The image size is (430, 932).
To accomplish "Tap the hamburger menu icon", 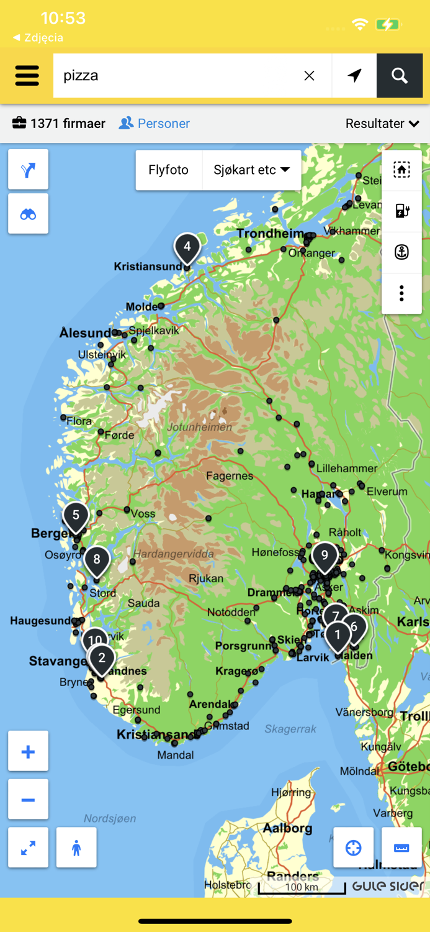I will (x=27, y=76).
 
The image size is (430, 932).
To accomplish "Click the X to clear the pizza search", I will (x=309, y=76).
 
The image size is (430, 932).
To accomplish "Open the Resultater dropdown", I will (x=382, y=124).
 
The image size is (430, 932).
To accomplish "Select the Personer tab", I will (x=155, y=124).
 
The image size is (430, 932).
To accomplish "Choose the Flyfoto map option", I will (x=169, y=170).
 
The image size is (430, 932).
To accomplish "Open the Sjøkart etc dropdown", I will (x=251, y=170).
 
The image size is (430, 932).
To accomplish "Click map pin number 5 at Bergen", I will (x=76, y=516).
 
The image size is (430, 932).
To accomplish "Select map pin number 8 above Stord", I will (x=97, y=560).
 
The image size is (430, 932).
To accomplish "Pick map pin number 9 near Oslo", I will (x=325, y=556).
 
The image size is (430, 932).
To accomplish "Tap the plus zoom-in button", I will (x=28, y=752).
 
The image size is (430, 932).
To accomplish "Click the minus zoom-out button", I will (x=28, y=800).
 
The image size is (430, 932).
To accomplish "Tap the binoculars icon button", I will (x=28, y=214).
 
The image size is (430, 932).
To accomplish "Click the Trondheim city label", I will (x=271, y=234).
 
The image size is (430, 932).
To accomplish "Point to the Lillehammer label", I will (x=347, y=468).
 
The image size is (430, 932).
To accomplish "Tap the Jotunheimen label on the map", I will (x=200, y=427).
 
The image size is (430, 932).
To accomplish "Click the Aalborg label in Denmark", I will (x=288, y=828).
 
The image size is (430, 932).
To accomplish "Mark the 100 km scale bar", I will (x=302, y=889).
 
